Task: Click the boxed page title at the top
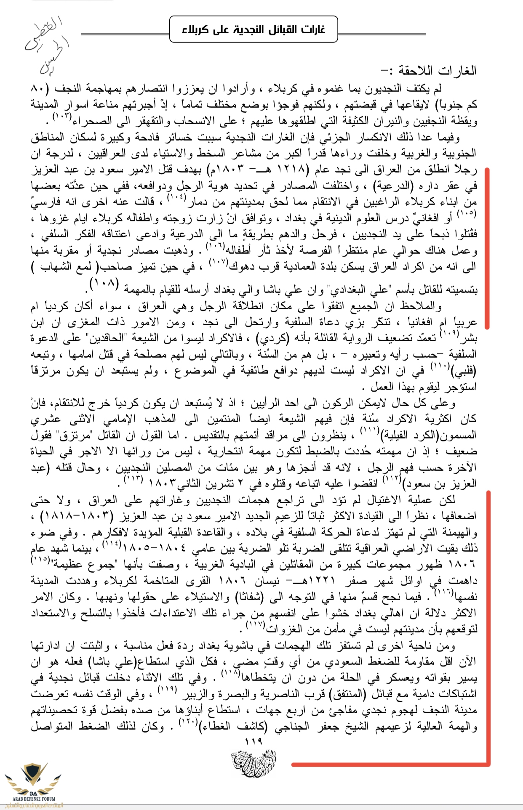(x=253, y=29)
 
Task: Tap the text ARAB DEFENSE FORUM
(x=34, y=798)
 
